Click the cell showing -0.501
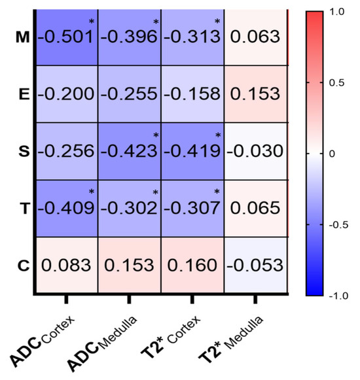(66, 37)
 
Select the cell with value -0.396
(130, 37)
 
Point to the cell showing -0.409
(66, 209)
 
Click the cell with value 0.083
(66, 266)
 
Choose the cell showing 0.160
(193, 266)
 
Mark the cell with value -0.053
(256, 266)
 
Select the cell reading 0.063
(256, 37)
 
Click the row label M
(22, 37)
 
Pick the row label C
(22, 266)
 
